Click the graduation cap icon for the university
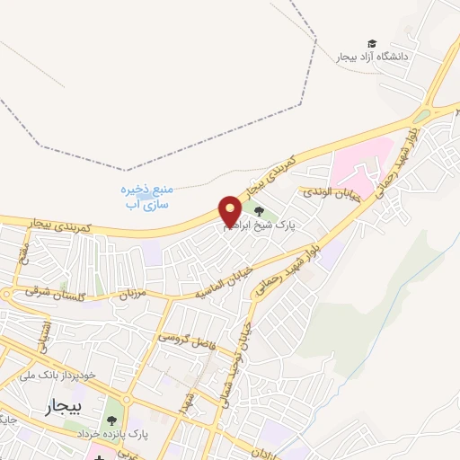(x=372, y=43)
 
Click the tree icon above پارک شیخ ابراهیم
(x=247, y=209)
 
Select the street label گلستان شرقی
(x=42, y=292)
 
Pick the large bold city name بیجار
(x=62, y=408)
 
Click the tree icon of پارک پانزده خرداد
(x=112, y=420)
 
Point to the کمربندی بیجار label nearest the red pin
(x=246, y=191)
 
